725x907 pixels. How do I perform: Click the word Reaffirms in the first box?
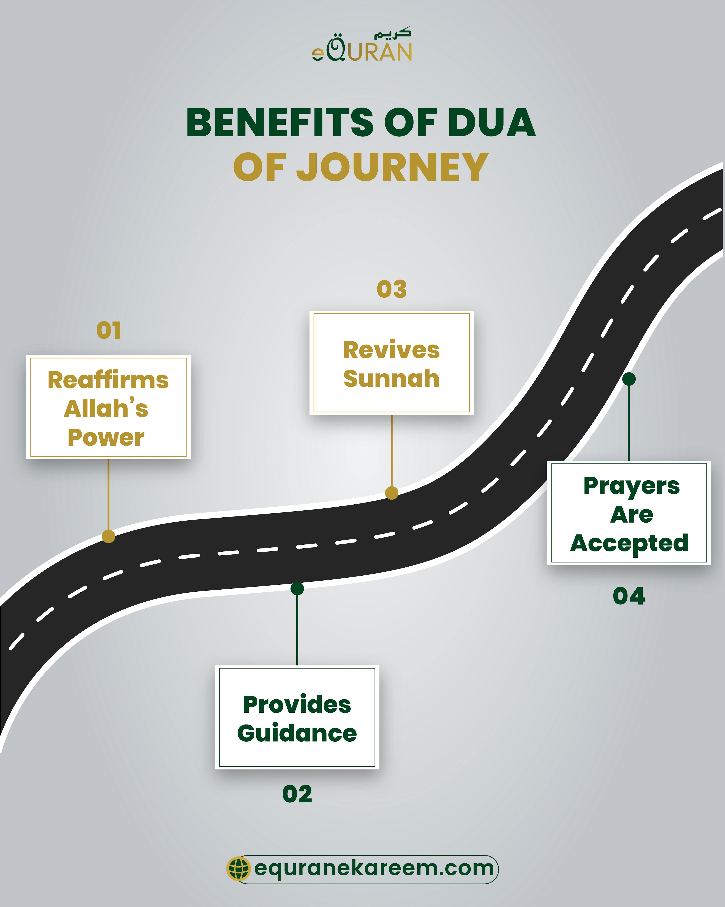click(108, 380)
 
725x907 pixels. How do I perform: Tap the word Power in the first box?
click(106, 438)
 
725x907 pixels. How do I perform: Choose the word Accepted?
click(629, 543)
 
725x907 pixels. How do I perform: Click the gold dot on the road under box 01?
click(109, 536)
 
